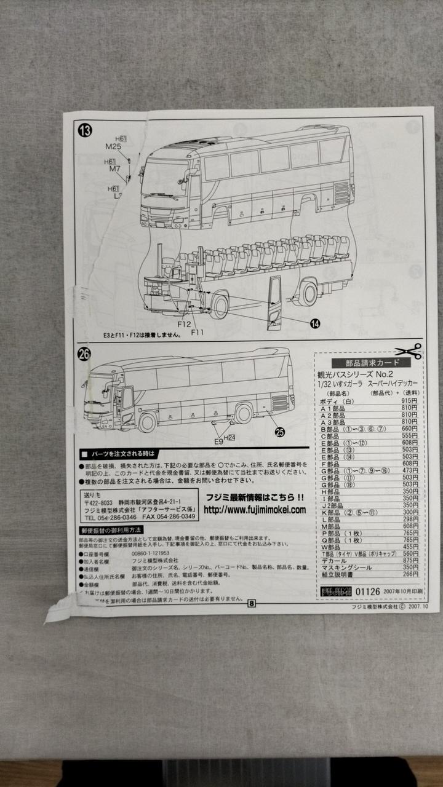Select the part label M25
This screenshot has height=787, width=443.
point(114,146)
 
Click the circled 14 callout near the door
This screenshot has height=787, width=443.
point(314,322)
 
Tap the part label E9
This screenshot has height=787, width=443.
point(218,440)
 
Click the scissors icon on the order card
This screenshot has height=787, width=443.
point(409,351)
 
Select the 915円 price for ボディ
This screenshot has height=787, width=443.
point(409,401)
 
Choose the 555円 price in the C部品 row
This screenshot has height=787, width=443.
point(409,435)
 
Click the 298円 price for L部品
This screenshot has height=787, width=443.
point(410,519)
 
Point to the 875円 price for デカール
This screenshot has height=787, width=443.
point(409,560)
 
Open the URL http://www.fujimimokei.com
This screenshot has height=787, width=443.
point(254,510)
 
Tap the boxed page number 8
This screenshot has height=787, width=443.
point(252,603)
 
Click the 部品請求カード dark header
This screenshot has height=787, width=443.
point(370,363)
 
